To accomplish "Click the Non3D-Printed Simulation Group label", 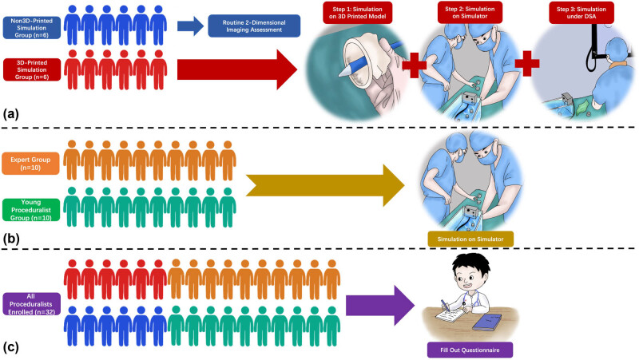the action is [x=32, y=28].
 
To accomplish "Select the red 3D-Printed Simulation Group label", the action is [x=32, y=69].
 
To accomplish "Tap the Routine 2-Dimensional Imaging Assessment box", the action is [x=254, y=26].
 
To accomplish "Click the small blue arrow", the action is [x=190, y=26].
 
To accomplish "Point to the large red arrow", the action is [x=236, y=69].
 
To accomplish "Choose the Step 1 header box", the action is [x=357, y=13].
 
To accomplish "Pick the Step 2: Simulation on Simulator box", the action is [x=470, y=13].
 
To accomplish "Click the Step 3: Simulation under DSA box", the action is [x=581, y=13].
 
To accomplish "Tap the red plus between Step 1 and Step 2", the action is [x=414, y=65].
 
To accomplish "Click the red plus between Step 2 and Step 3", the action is [x=527, y=64].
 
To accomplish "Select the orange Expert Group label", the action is [x=30, y=164].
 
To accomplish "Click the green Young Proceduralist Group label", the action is [x=31, y=210].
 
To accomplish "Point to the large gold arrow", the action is [x=325, y=186].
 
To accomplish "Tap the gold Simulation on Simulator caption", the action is [x=470, y=239].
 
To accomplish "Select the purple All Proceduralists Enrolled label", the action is [x=31, y=304].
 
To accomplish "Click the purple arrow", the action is [x=380, y=306].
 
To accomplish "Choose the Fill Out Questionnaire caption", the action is [x=470, y=350].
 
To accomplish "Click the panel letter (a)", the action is [x=10, y=114].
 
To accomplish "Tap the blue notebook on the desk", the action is [x=486, y=322].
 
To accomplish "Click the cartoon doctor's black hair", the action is [x=471, y=263].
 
